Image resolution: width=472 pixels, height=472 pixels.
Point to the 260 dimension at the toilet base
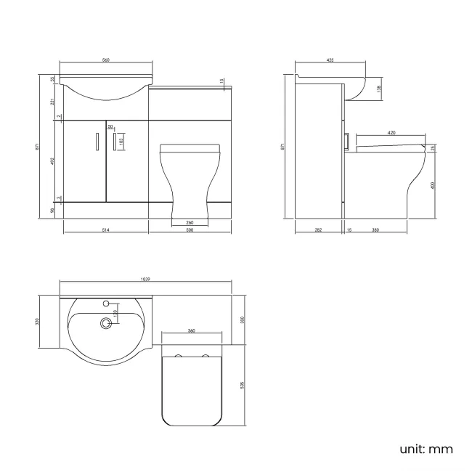(x=190, y=222)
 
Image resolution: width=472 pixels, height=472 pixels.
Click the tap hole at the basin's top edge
(x=107, y=303)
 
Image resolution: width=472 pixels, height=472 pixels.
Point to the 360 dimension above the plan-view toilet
(x=191, y=331)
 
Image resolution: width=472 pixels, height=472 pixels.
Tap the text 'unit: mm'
(x=426, y=448)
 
